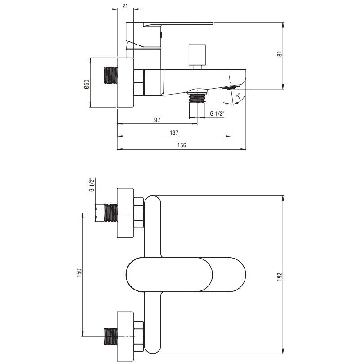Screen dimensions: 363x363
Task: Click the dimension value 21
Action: click(x=125, y=6)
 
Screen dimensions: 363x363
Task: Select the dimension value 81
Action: click(x=280, y=54)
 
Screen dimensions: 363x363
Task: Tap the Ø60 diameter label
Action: click(x=86, y=84)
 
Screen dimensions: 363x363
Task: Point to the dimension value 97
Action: click(x=157, y=120)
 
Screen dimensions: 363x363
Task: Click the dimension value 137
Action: click(x=174, y=132)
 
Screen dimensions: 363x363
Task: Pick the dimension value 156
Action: click(x=182, y=145)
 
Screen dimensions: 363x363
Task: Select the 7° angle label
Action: click(x=238, y=96)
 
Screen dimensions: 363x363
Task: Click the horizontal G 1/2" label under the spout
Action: click(x=217, y=113)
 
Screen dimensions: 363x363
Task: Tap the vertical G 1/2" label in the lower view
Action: click(x=92, y=185)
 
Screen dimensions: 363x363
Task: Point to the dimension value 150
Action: click(x=79, y=273)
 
